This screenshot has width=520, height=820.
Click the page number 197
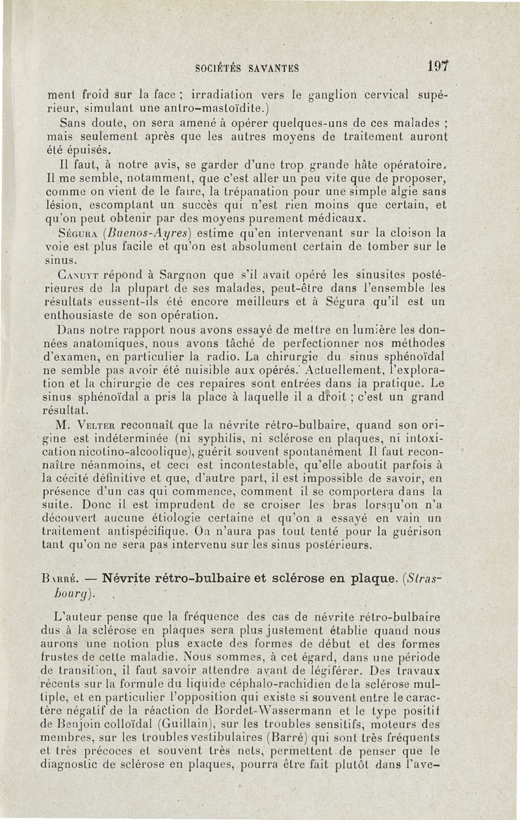[440, 65]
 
